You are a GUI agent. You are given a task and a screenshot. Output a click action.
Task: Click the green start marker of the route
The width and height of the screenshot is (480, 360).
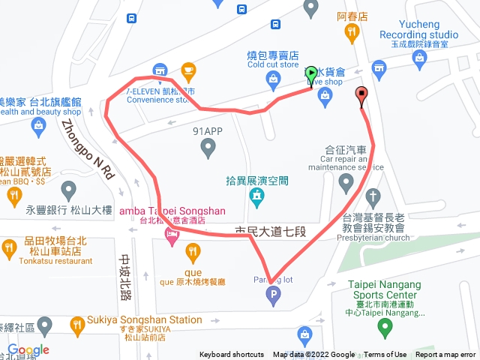tap(312, 74)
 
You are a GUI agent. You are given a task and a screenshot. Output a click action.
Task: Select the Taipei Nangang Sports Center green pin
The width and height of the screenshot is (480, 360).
tap(385, 327)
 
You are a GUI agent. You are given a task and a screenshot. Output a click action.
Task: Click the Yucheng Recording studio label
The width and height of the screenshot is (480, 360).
tap(418, 30)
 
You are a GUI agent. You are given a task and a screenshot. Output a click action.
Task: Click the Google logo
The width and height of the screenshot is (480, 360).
tap(28, 350)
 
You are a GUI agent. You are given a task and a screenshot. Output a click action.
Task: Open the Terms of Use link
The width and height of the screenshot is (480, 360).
tap(385, 355)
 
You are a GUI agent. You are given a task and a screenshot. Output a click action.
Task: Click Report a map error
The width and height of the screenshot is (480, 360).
tap(445, 355)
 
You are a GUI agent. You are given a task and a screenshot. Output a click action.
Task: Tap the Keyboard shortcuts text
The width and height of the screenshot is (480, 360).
tap(232, 355)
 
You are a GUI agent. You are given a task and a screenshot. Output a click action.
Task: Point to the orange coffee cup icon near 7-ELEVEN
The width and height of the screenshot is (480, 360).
tap(187, 71)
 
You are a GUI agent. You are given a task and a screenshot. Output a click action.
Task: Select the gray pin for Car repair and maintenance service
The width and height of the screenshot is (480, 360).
tap(346, 181)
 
